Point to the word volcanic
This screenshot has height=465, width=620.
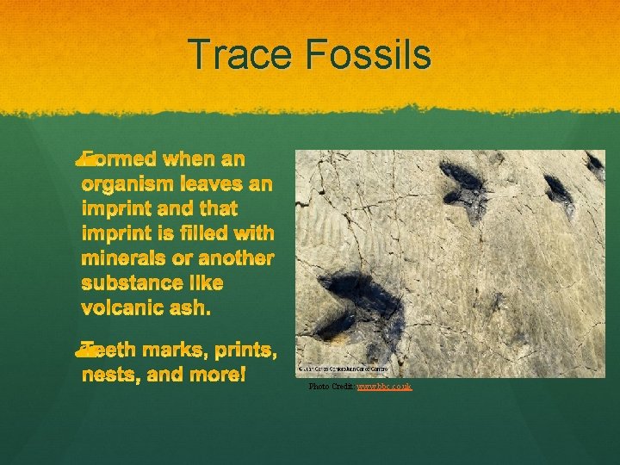tap(120, 307)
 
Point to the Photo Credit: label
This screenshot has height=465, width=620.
tap(332, 387)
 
